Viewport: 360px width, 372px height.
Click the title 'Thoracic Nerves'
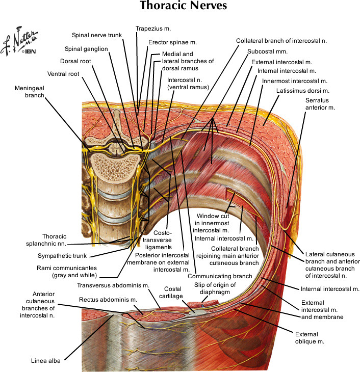180,7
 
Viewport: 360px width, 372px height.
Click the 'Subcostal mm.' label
268,51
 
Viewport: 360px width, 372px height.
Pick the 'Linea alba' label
46,361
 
